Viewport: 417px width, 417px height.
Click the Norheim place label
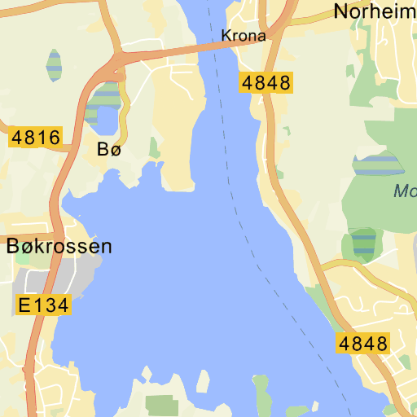375,11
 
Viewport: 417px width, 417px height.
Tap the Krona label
244,36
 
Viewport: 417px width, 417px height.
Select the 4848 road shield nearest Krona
266,82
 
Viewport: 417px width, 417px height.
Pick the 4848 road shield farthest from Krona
362,343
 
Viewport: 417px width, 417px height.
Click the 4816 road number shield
35,138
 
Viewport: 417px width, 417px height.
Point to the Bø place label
108,149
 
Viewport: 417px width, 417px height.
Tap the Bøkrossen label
59,247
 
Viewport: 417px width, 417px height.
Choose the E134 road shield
44,305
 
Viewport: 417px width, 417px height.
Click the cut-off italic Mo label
404,192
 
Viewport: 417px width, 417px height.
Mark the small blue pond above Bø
106,121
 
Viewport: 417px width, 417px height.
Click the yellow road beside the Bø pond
125,114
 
